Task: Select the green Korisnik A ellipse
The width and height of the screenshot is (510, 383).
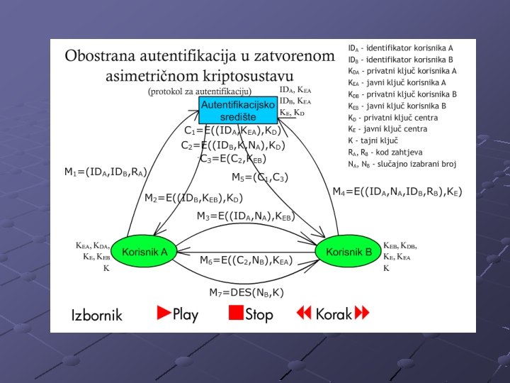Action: coord(144,252)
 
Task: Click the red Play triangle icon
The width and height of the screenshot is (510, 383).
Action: coord(165,312)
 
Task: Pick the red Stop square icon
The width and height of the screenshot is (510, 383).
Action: coord(236,313)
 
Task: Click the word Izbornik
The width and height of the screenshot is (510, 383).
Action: coord(97,314)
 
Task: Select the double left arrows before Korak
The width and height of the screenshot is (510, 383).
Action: coord(305,313)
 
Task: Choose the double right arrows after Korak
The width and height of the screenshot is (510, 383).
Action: coord(362,313)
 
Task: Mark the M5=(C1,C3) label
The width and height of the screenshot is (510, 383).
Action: coord(260,177)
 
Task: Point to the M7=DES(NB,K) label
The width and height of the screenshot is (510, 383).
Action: coord(246,292)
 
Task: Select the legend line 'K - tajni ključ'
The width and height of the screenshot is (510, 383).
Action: coord(372,140)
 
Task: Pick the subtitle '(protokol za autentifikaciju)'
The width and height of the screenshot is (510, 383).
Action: coord(200,91)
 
